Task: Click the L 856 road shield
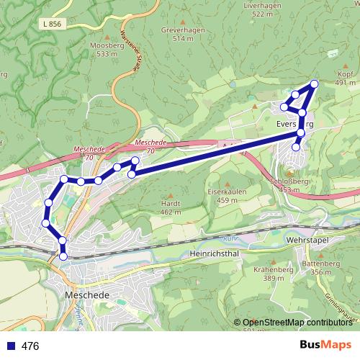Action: [x=52, y=24]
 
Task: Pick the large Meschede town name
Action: [x=86, y=295]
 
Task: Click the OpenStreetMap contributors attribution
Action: [x=297, y=322]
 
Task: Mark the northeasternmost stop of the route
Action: [x=314, y=84]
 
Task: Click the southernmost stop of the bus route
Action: [x=63, y=256]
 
